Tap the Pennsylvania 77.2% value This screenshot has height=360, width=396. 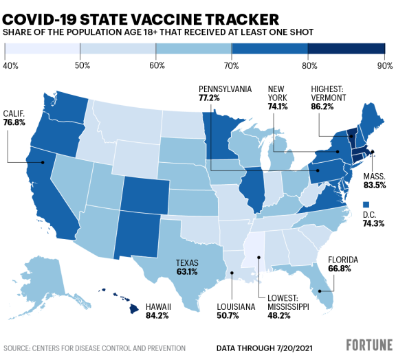point(210,99)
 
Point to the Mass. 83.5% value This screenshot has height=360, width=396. point(372,185)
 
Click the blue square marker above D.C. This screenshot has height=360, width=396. point(366,204)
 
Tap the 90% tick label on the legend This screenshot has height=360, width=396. point(384,65)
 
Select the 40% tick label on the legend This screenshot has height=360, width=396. point(10,65)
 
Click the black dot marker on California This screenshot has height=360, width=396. point(43,163)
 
